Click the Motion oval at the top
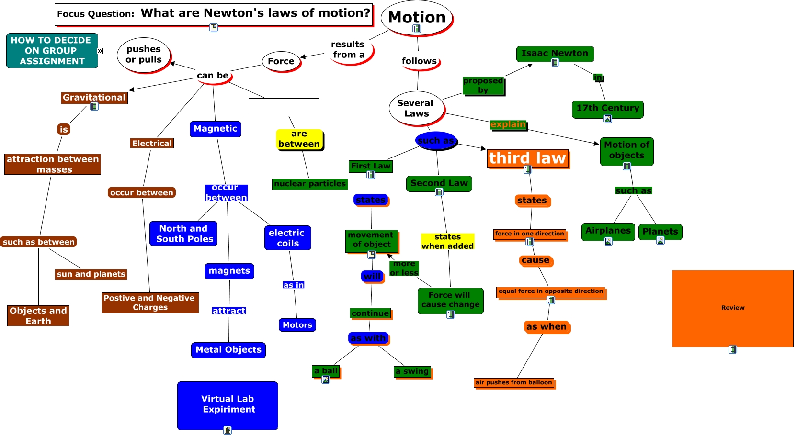pos(416,18)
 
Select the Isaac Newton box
pos(555,53)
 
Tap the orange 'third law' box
pos(527,158)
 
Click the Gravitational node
pos(94,98)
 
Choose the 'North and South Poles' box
pos(183,234)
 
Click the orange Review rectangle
pos(732,308)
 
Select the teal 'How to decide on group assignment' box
pos(52,51)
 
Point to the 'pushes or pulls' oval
pos(144,55)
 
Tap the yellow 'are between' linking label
pos(299,139)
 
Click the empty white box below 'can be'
pos(284,106)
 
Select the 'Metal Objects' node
pos(228,350)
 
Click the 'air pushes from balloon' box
pos(513,382)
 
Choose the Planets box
pos(660,232)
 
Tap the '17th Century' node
pos(607,108)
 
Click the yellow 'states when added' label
pos(447,242)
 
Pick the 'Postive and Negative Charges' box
pos(150,302)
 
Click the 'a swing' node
pos(412,371)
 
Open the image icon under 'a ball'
pos(326,380)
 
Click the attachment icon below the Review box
pos(732,350)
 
